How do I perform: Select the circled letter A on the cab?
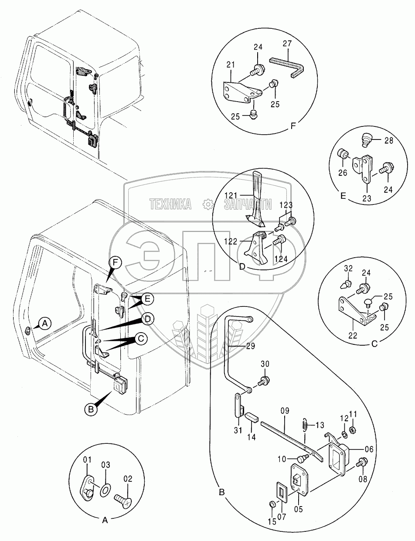pos(44,323)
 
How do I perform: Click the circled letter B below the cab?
pos(90,409)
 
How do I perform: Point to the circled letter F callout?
pos(115,262)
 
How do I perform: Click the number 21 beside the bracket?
pos(231,65)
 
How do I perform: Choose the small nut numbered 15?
pos(271,504)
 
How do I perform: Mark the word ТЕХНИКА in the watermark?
pos(170,204)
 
